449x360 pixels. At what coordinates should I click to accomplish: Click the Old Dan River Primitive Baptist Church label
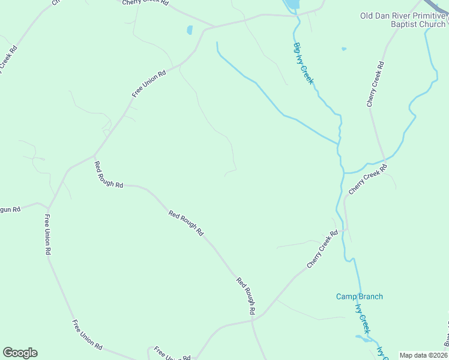click(x=403, y=20)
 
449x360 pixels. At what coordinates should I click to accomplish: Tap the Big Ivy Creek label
click(x=304, y=63)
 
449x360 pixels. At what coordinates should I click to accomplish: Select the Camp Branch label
click(x=359, y=296)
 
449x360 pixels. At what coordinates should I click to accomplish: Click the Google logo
click(x=20, y=353)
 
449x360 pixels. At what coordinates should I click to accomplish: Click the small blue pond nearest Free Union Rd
click(x=190, y=29)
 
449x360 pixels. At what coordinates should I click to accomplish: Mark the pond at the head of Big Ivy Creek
click(x=291, y=5)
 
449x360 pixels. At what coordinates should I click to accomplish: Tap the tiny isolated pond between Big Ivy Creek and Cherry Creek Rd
click(x=343, y=49)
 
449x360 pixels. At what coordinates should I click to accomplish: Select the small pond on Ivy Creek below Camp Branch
click(x=364, y=338)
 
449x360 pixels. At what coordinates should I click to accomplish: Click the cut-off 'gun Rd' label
click(x=10, y=209)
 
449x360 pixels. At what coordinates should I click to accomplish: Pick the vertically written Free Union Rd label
click(x=47, y=235)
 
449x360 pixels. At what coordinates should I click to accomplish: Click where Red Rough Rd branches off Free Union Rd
click(x=94, y=157)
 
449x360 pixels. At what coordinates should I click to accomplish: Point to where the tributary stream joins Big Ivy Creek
click(x=339, y=143)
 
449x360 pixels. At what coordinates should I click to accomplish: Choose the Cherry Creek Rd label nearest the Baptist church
click(x=375, y=85)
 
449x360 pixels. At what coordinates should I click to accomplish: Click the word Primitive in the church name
click(x=423, y=16)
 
